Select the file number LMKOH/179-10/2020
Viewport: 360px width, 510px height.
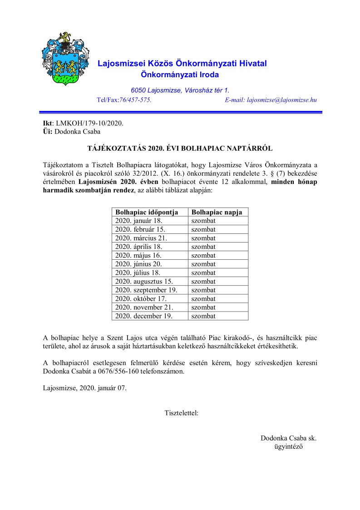click(89, 123)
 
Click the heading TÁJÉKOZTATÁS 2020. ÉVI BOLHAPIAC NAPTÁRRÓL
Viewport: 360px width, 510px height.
click(180, 149)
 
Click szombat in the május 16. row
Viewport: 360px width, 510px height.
click(203, 255)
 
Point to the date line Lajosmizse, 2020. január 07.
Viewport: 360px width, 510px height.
click(84, 388)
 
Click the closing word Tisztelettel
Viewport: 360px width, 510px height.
click(181, 413)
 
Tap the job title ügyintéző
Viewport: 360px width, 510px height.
click(288, 446)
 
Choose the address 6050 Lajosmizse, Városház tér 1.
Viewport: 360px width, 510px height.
click(180, 90)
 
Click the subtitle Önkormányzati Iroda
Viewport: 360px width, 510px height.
click(180, 74)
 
